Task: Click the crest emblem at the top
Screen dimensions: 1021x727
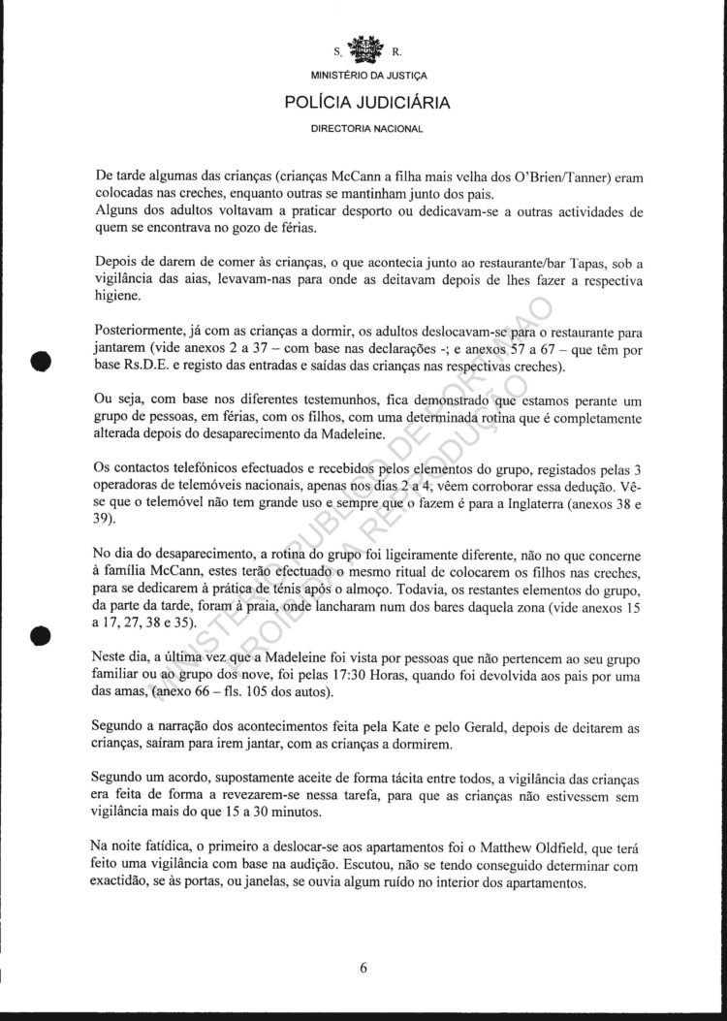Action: pyautogui.click(x=366, y=49)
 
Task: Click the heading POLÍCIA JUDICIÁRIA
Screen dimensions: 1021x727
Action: pyautogui.click(x=366, y=101)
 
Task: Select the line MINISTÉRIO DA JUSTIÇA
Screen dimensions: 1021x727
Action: pyautogui.click(x=366, y=75)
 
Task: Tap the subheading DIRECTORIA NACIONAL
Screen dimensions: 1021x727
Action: pyautogui.click(x=366, y=127)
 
